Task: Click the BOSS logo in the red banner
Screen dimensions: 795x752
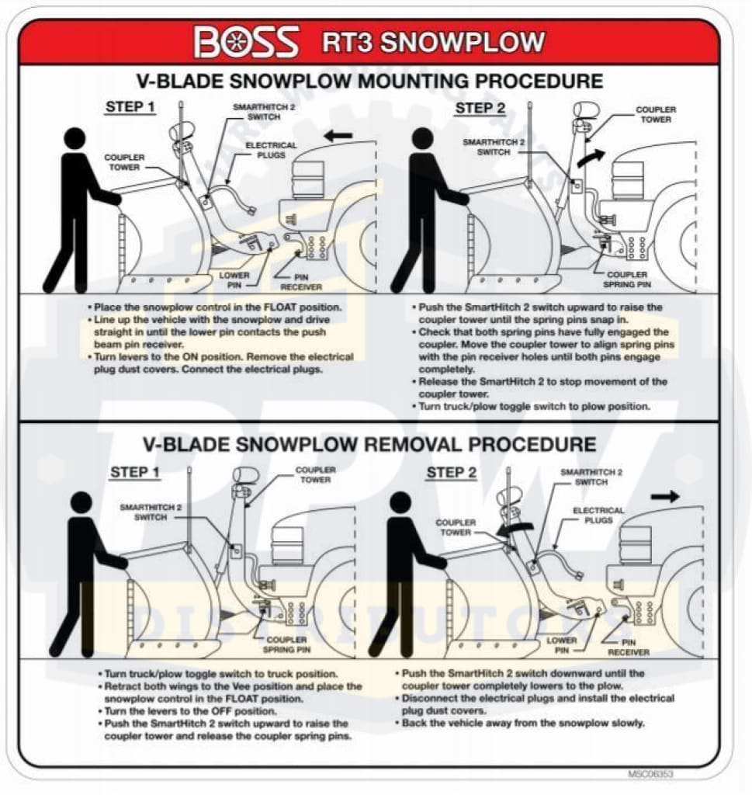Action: (247, 42)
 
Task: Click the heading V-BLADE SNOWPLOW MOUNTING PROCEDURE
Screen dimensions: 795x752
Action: (369, 81)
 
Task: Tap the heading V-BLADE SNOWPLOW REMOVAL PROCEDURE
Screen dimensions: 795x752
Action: (369, 444)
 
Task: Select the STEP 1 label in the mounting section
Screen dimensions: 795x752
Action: (130, 107)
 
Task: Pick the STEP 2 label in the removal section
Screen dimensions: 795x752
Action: (452, 472)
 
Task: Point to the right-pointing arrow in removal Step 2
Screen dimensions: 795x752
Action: (664, 496)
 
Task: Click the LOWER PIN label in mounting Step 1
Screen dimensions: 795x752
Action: (234, 279)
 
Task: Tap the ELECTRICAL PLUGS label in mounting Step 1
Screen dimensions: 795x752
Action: (271, 150)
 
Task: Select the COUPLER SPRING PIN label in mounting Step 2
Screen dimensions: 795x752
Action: (627, 279)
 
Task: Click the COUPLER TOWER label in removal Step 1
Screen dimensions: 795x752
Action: (315, 474)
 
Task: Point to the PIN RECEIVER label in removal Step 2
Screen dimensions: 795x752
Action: (633, 647)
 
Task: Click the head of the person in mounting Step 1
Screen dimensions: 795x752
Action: (75, 139)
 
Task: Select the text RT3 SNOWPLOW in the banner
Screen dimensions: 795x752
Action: (433, 41)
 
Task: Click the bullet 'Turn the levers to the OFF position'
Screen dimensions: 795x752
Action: (190, 710)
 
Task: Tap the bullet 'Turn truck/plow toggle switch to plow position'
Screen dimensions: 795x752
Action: (534, 406)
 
